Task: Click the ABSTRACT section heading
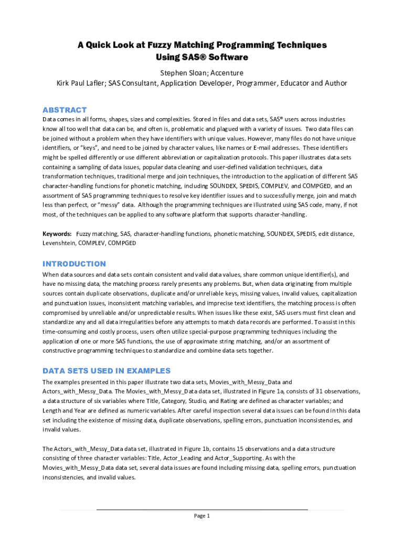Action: pyautogui.click(x=65, y=110)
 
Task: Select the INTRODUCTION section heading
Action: pyautogui.click(x=74, y=264)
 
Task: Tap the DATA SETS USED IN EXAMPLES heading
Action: pyautogui.click(x=107, y=370)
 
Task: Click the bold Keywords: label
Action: pyautogui.click(x=57, y=233)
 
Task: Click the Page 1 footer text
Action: pyautogui.click(x=202, y=515)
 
